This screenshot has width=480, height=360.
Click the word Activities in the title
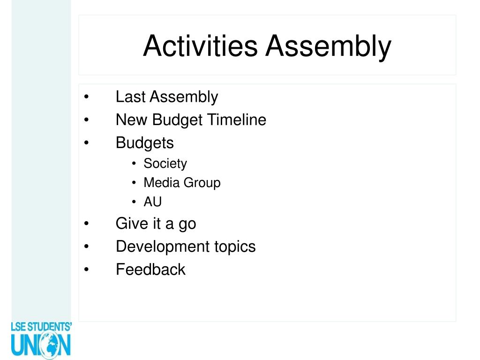pyautogui.click(x=200, y=46)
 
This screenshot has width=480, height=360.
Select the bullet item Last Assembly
pyautogui.click(x=166, y=97)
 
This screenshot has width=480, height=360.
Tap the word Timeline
pyautogui.click(x=237, y=120)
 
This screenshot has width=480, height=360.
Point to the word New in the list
pyautogui.click(x=132, y=120)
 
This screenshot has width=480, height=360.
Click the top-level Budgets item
pyautogui.click(x=144, y=143)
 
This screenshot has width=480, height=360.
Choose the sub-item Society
pyautogui.click(x=165, y=164)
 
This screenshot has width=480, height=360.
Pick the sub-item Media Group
pyautogui.click(x=182, y=182)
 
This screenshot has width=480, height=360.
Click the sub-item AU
pyautogui.click(x=152, y=202)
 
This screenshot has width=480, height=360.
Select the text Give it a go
pyautogui.click(x=156, y=224)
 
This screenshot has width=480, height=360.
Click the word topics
pyautogui.click(x=235, y=247)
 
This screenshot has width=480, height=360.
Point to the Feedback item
pyautogui.click(x=150, y=270)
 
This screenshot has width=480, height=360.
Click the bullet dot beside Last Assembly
pyautogui.click(x=87, y=97)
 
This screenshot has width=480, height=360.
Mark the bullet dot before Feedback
pyautogui.click(x=87, y=270)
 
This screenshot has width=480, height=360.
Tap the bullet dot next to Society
pyautogui.click(x=134, y=164)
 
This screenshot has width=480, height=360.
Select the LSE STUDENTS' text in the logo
pyautogui.click(x=41, y=326)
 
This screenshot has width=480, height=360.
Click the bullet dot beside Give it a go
pyautogui.click(x=87, y=224)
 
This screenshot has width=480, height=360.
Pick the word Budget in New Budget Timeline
pyautogui.click(x=178, y=120)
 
